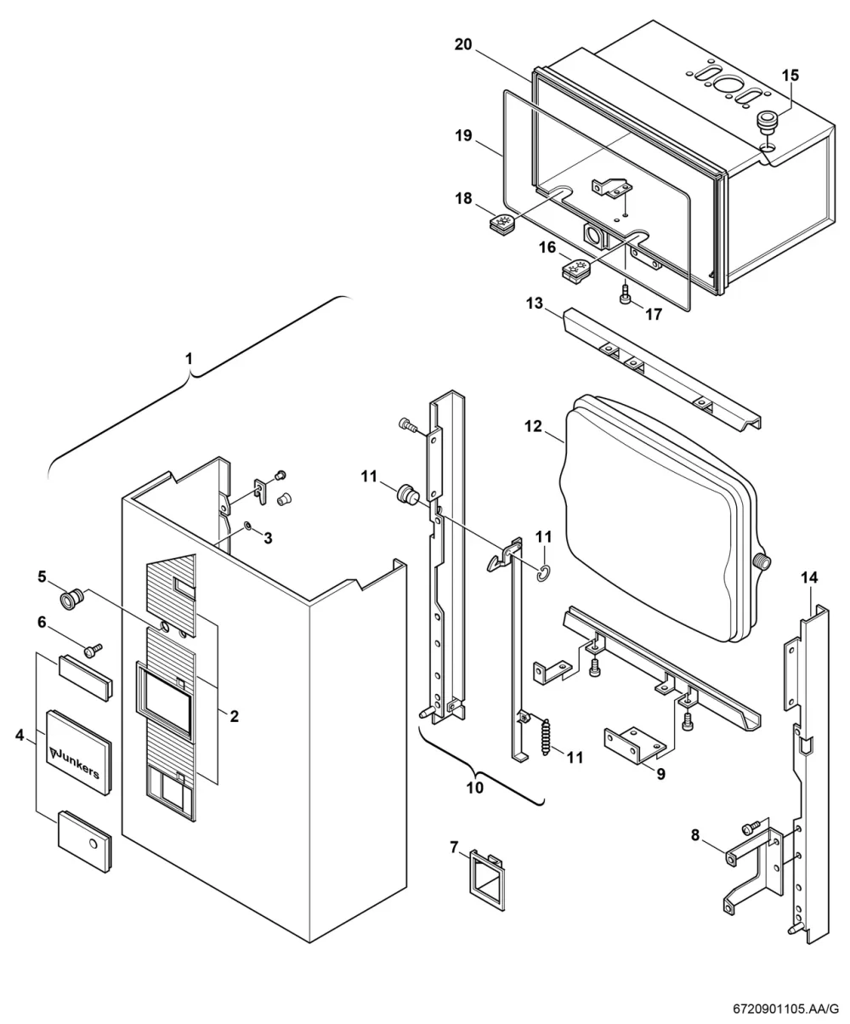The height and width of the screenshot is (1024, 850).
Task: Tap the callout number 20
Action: click(462, 44)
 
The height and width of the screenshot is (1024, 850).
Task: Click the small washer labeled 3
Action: click(248, 526)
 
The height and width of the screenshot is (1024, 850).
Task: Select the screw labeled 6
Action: click(92, 651)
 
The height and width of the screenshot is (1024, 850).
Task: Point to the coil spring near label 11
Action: click(545, 737)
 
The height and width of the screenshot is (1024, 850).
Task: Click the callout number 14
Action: click(809, 577)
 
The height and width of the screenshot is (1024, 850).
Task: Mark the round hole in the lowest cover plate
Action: click(93, 843)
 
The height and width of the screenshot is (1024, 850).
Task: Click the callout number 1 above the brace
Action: click(189, 359)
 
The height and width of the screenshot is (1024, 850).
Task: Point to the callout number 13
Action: click(535, 304)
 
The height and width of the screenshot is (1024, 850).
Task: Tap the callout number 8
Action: click(695, 834)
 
